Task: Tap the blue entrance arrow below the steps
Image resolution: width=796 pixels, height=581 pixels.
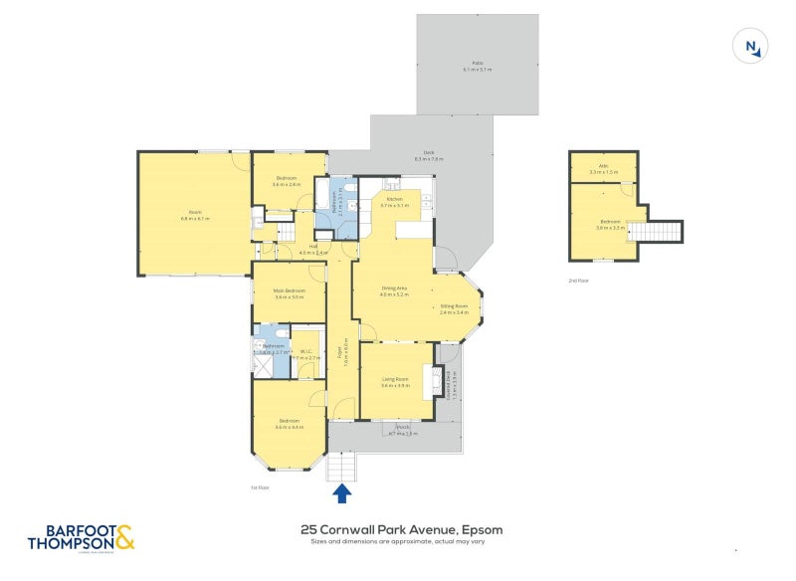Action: click(341, 491)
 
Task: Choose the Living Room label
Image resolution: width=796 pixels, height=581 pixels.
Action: click(395, 381)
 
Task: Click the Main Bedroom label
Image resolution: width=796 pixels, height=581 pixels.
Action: click(289, 293)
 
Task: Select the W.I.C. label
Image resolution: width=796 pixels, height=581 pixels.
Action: click(307, 355)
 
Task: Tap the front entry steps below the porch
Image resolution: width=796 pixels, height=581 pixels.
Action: click(341, 466)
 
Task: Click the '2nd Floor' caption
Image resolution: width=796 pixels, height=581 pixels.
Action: click(579, 282)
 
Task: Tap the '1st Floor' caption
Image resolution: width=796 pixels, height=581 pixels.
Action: click(262, 487)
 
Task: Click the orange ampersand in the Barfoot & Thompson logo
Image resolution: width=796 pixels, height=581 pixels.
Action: click(124, 538)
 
